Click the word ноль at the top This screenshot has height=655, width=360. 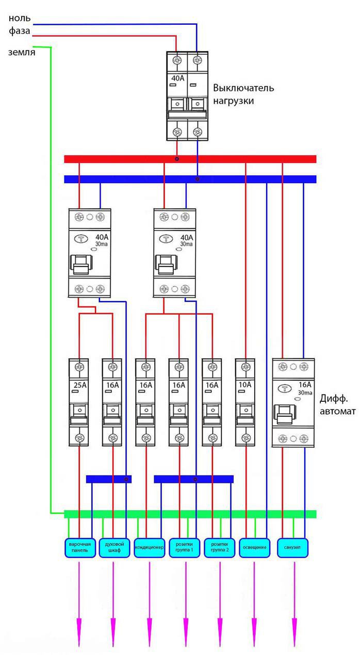20,18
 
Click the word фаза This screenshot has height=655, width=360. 20,31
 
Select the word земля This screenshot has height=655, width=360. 22,52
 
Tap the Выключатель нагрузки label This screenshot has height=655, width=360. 243,94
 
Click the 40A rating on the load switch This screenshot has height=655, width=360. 177,78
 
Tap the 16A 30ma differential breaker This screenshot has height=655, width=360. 293,402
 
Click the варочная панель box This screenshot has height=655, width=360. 80,547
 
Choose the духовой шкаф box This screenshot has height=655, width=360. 114,547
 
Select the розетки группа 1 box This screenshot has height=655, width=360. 184,547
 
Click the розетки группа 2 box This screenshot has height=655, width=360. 220,547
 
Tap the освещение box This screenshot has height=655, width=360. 255,547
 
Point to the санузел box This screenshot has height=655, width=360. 293,547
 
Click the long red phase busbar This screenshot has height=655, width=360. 190,159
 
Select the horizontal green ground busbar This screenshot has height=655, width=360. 190,514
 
